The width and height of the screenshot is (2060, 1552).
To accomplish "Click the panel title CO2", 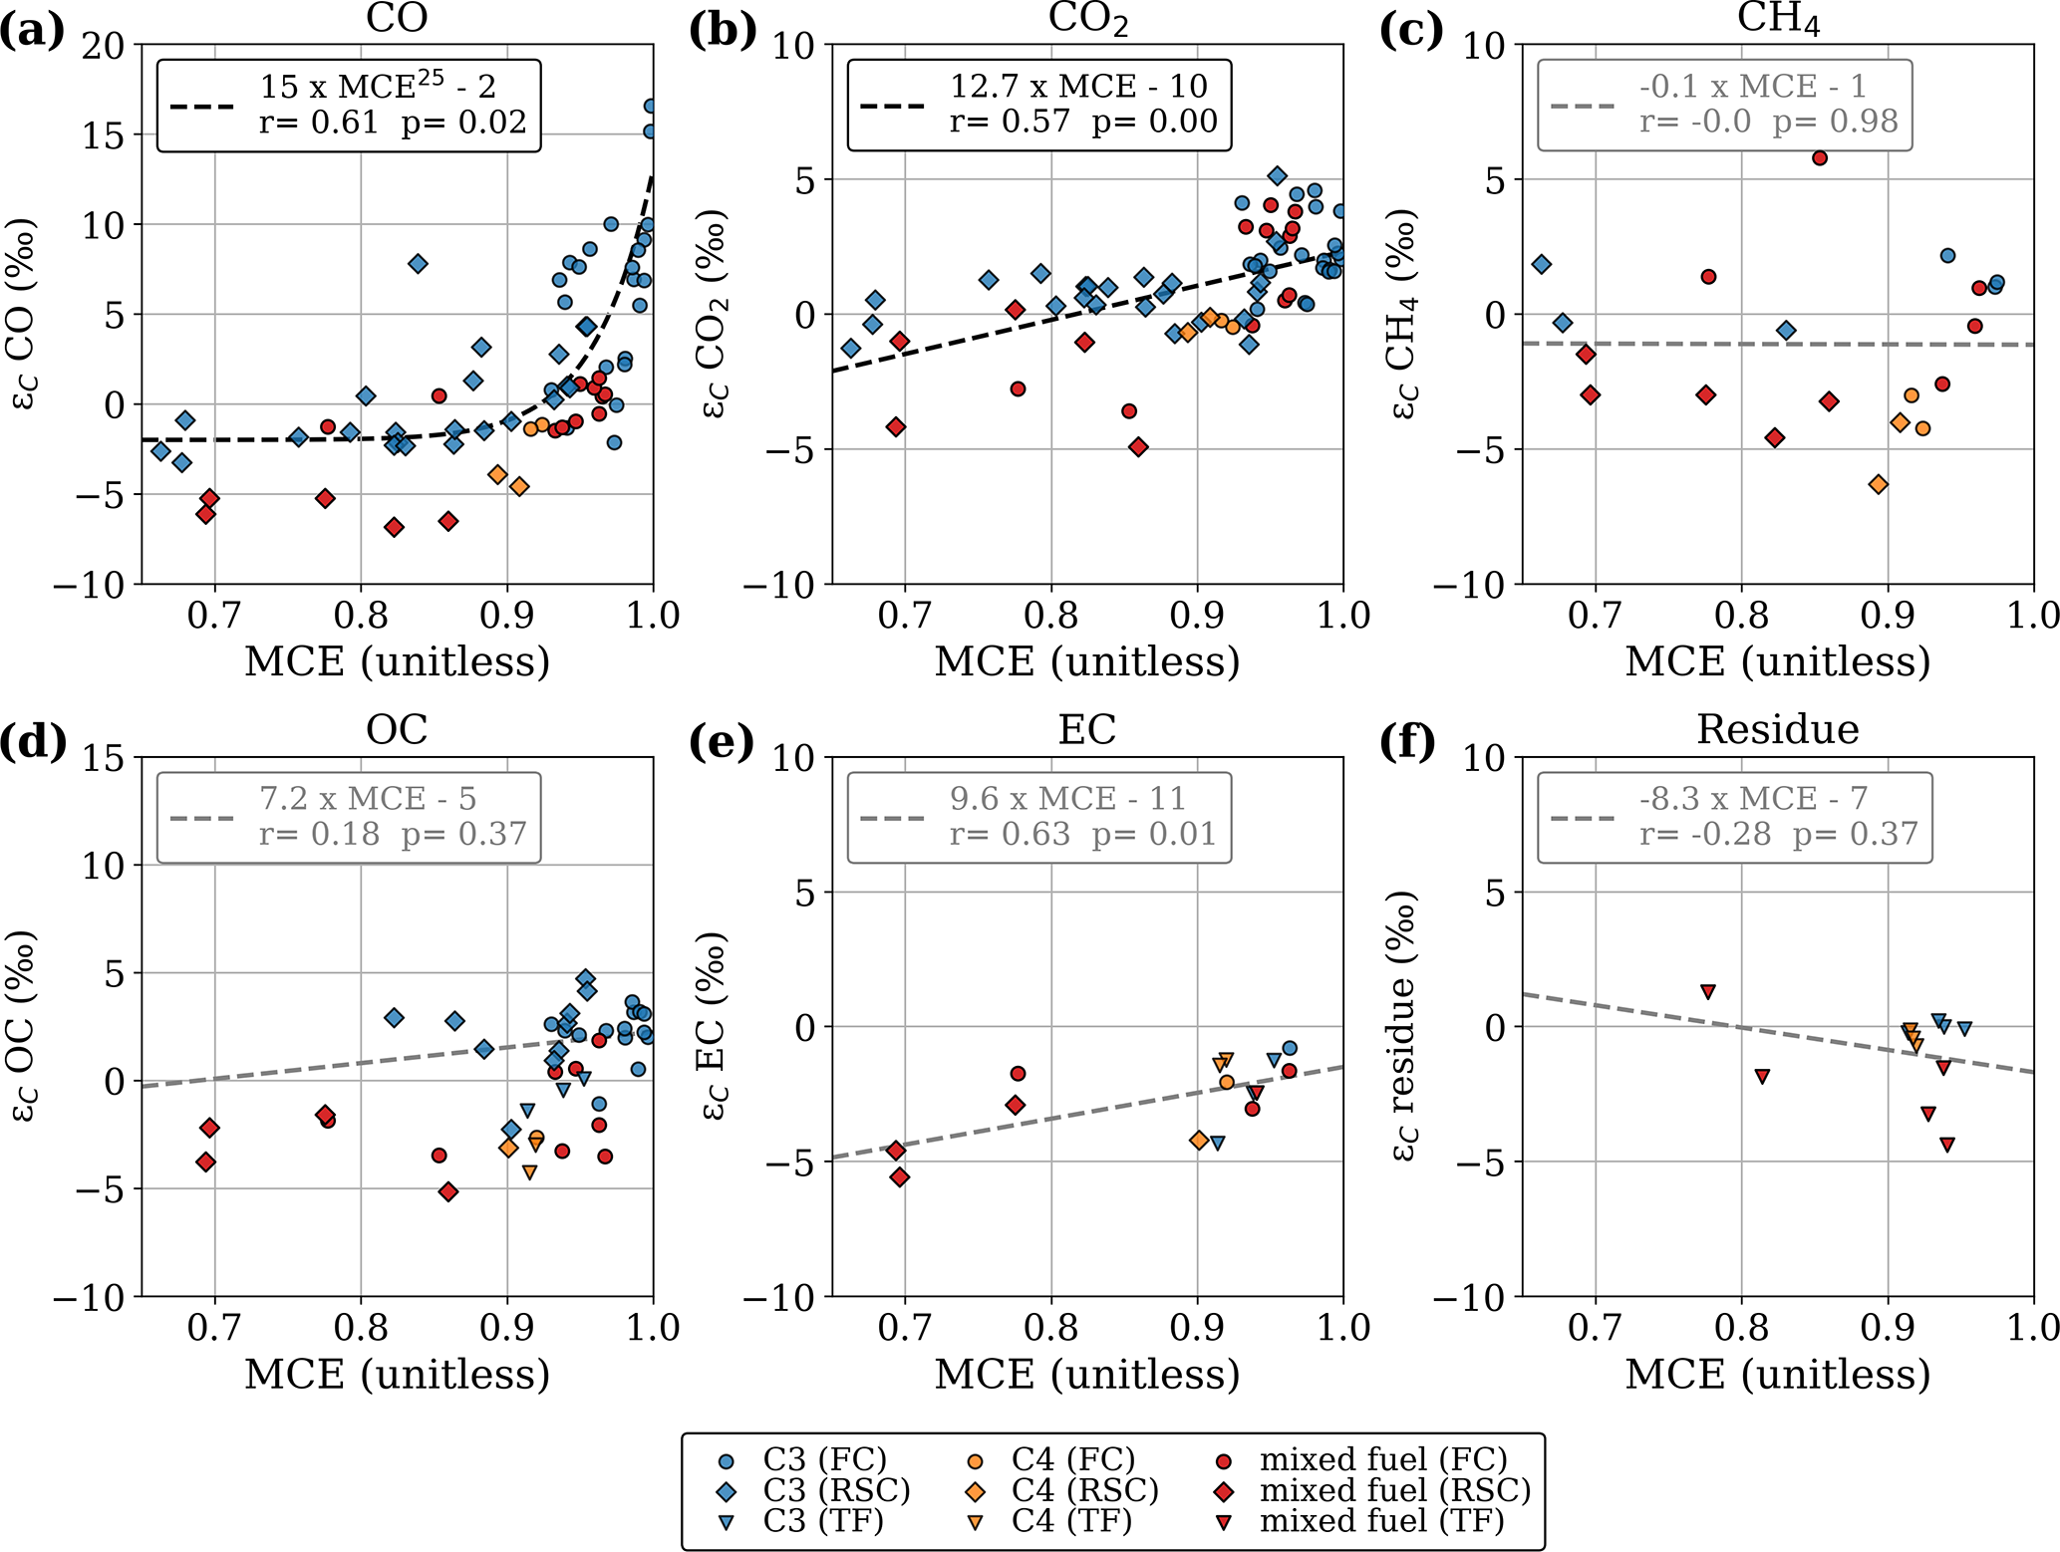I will [1087, 20].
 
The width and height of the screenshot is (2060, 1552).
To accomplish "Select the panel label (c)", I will [1410, 31].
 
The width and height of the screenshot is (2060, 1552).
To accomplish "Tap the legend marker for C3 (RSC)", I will [727, 1491].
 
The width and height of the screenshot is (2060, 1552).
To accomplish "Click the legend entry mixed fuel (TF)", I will [1381, 1521].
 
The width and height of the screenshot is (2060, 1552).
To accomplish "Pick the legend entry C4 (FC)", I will [1072, 1460].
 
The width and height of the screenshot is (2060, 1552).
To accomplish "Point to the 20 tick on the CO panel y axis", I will [104, 45].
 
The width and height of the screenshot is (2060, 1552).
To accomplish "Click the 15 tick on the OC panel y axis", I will [104, 758].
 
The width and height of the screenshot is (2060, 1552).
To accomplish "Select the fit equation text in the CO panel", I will [378, 88].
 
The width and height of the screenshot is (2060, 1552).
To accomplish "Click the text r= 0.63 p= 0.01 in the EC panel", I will [1082, 834].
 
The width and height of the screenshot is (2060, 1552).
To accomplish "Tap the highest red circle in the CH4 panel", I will [1820, 157].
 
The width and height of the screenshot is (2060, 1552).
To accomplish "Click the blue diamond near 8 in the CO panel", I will [418, 264].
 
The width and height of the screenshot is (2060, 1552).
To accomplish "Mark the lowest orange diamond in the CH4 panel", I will [1879, 485].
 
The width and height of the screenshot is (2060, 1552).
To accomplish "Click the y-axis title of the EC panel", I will [713, 1026].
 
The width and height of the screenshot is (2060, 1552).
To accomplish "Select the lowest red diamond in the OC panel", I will [448, 1191].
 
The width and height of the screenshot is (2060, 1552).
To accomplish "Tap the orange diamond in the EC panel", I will [1199, 1140].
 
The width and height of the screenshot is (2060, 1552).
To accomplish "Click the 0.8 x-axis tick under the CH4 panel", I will [1741, 615].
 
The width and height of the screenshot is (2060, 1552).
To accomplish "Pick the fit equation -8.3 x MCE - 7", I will [1753, 799].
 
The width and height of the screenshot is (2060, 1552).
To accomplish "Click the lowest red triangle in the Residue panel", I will [1946, 1146].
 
